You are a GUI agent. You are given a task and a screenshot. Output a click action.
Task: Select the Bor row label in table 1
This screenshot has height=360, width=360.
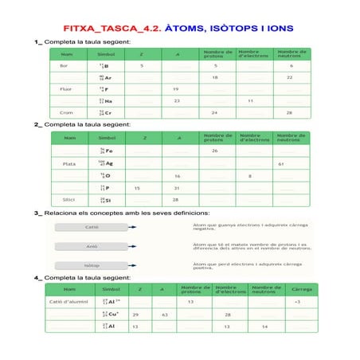64,65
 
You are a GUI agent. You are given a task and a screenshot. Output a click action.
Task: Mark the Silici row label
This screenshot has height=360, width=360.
69,199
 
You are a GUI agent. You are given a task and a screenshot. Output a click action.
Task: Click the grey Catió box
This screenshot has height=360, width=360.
92,227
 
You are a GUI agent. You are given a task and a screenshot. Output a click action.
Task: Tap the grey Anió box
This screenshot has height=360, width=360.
92,246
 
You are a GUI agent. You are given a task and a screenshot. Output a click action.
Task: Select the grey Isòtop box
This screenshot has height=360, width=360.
92,265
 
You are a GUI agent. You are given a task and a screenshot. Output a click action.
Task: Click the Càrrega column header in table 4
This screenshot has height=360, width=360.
302,289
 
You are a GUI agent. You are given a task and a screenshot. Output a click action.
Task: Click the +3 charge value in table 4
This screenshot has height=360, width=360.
297,303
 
